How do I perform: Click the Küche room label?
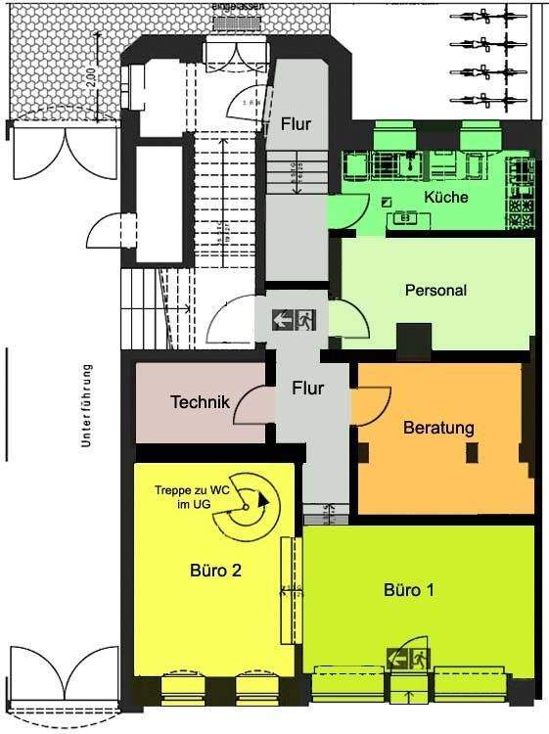pos(445,197)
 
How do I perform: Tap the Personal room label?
pos(435,291)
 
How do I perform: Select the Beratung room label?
pos(438,428)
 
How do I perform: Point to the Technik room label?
pos(200,402)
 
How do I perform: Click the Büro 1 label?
pos(410,591)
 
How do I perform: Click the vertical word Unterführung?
pos(86,406)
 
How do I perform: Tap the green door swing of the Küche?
pos(343,210)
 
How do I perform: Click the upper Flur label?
pos(296,124)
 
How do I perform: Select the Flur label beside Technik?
pos(307,388)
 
